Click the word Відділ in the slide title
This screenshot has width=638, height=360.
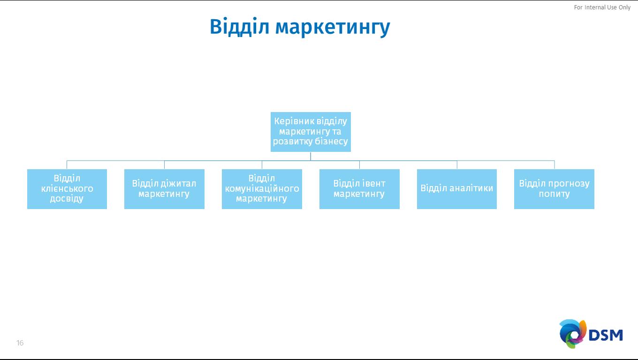pyautogui.click(x=239, y=27)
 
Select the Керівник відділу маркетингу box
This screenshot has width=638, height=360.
pyautogui.click(x=311, y=132)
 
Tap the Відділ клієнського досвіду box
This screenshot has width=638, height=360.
pyautogui.click(x=67, y=189)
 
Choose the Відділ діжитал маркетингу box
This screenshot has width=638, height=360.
pyautogui.click(x=164, y=189)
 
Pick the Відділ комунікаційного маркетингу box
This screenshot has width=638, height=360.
pyautogui.click(x=262, y=189)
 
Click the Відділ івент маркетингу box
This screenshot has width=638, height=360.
pyautogui.click(x=359, y=189)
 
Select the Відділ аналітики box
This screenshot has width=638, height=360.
pyautogui.click(x=457, y=189)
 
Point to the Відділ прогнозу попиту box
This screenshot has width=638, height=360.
pyautogui.click(x=554, y=189)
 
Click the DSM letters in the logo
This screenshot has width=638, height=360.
pyautogui.click(x=606, y=335)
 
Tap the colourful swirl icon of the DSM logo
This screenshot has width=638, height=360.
pyautogui.click(x=572, y=334)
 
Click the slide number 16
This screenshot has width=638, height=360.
pyautogui.click(x=20, y=343)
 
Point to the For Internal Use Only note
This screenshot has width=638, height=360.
pyautogui.click(x=602, y=7)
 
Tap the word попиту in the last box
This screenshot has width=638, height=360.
pyautogui.click(x=554, y=194)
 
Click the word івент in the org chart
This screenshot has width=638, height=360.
pyautogui.click(x=373, y=184)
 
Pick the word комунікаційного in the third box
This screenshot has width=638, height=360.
pyautogui.click(x=262, y=189)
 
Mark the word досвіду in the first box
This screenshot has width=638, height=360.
pyautogui.click(x=67, y=199)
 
